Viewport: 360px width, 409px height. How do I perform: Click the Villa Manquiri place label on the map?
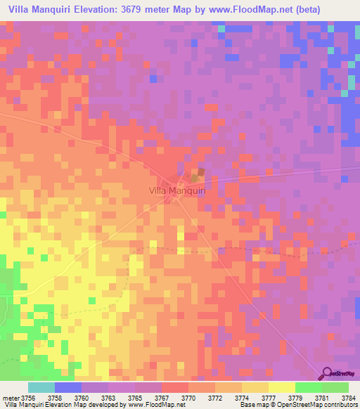tap(176, 189)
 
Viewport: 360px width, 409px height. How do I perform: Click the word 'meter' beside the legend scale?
tap(11, 397)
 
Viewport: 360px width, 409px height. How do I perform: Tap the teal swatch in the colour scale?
tap(41, 387)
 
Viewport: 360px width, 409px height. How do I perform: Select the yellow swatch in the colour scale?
tap(282, 387)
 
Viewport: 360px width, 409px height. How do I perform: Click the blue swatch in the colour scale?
tap(68, 387)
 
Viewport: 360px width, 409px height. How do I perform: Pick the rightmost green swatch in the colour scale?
tap(335, 387)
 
